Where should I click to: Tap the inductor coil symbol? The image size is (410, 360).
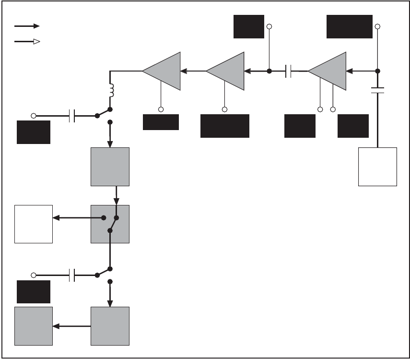tap(111, 90)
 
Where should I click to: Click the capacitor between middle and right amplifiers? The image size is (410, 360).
tap(289, 72)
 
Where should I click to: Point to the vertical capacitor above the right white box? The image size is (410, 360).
tap(378, 90)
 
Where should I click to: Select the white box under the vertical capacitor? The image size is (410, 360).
tap(378, 167)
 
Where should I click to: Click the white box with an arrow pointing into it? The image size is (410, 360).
tap(33, 224)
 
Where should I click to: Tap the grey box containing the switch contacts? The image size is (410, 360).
tap(110, 224)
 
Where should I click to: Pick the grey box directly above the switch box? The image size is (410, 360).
tap(110, 167)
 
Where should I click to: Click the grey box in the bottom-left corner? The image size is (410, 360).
tap(33, 326)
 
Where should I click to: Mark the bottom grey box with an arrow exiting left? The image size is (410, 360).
tap(110, 326)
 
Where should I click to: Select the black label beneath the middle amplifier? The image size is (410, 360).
tap(224, 126)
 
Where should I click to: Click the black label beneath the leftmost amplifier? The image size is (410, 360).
tap(161, 122)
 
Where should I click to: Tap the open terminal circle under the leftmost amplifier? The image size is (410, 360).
tap(161, 109)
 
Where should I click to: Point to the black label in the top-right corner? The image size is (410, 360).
tap(349, 26)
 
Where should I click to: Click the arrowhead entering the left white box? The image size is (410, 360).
tap(56, 218)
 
